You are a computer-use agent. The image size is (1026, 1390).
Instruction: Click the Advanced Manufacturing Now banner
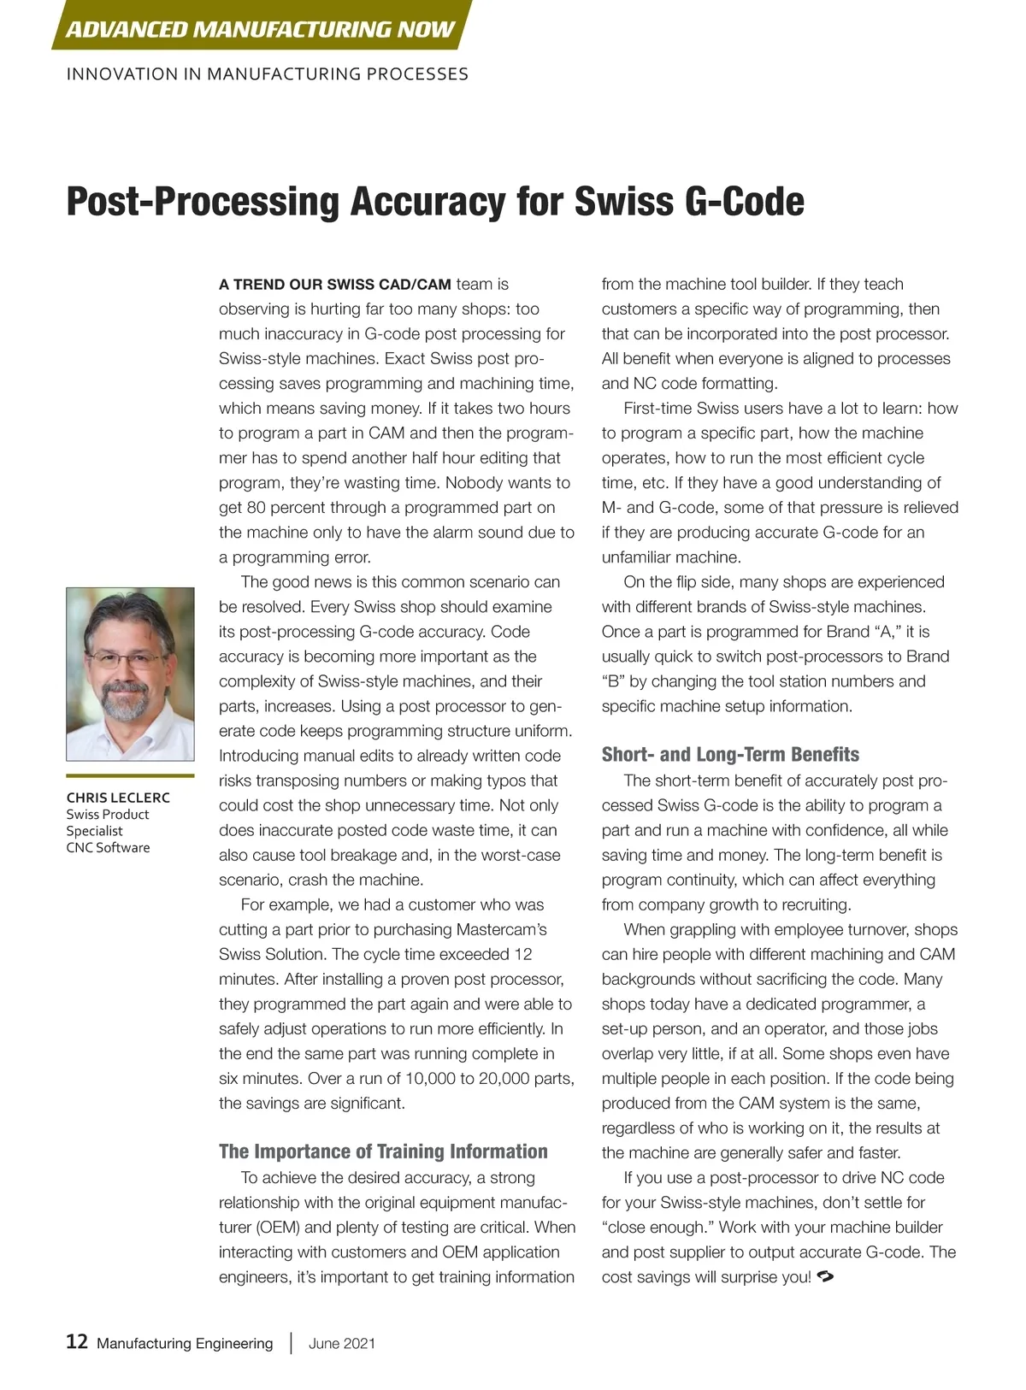tap(260, 29)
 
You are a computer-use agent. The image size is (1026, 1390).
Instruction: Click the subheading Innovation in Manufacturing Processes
tap(267, 74)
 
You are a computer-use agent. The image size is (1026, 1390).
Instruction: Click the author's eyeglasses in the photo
tap(127, 660)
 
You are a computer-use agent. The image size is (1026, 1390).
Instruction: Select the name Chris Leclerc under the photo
tap(118, 798)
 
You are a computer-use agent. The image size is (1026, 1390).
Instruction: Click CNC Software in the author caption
tap(108, 848)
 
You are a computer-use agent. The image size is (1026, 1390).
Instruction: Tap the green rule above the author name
tap(130, 776)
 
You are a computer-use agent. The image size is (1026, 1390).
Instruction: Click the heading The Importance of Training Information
tap(383, 1151)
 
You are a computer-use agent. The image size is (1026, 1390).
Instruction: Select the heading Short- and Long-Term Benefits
tap(730, 755)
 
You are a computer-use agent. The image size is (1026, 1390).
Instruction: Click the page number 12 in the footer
tap(77, 1342)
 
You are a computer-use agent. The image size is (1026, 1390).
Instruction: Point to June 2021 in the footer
tap(342, 1344)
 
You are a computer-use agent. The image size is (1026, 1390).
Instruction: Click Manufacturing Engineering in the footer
tap(185, 1344)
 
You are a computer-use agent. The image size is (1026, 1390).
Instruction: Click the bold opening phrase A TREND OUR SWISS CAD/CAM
tap(334, 285)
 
